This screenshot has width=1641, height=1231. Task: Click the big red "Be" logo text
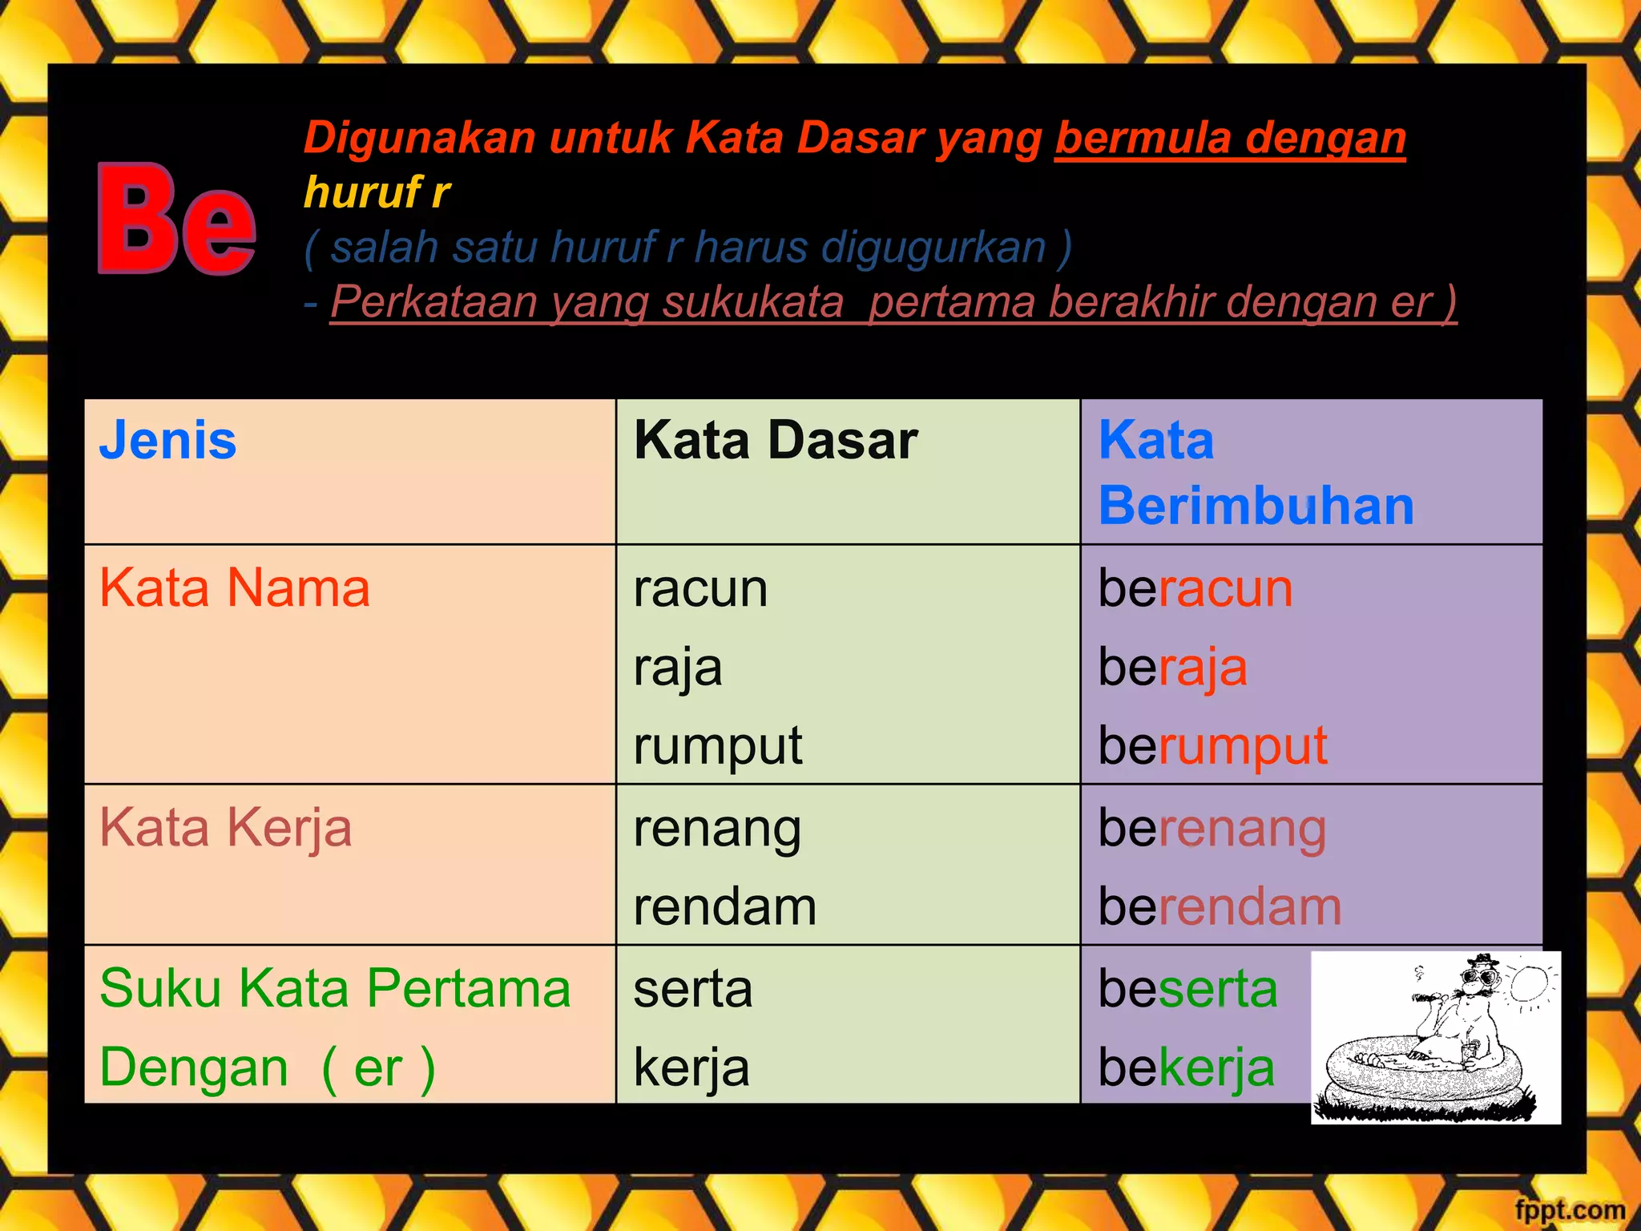176,218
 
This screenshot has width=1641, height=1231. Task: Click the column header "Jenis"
167,440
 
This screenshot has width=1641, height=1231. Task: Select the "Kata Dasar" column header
775,440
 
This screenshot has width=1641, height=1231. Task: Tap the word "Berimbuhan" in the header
1256,507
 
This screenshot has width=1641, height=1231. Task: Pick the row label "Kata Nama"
235,587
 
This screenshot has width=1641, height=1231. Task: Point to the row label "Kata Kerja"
225,827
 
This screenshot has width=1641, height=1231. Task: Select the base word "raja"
678,667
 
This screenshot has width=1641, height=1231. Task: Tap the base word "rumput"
717,746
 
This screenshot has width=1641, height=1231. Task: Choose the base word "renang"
717,829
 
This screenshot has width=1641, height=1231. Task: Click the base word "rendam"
724,906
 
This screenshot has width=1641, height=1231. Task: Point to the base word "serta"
693,988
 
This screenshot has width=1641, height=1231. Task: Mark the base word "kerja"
691,1068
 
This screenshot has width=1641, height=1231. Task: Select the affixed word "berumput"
1212,746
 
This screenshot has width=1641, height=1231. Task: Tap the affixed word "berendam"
1220,906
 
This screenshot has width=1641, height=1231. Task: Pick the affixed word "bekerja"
1186,1068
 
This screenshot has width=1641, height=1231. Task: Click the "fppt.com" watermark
1570,1209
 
